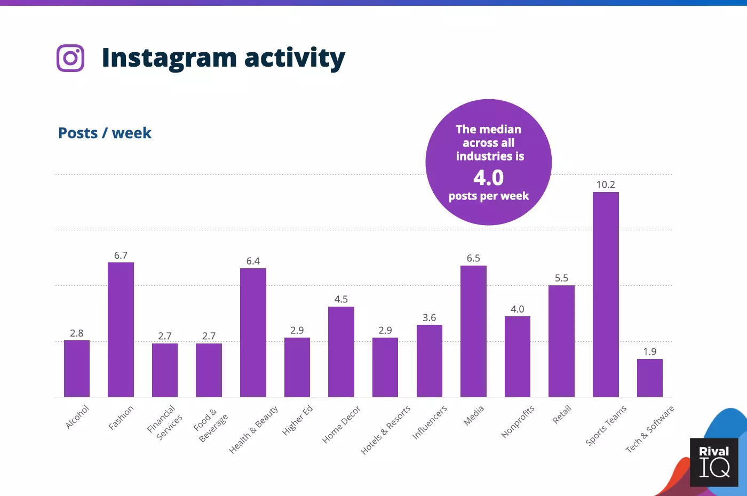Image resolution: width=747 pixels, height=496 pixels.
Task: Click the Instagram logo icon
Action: click(70, 58)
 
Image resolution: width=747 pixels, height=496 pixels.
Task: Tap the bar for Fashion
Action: click(121, 330)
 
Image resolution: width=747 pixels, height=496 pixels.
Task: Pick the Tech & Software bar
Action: click(649, 378)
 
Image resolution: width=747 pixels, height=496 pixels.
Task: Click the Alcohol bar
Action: click(77, 369)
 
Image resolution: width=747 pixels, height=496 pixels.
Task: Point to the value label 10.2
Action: click(606, 185)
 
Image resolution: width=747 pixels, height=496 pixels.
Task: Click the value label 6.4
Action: click(253, 261)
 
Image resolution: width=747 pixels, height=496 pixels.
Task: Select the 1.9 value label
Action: click(649, 351)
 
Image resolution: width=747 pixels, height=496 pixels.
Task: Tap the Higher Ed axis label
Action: click(297, 420)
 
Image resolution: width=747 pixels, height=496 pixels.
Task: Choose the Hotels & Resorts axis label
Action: click(385, 430)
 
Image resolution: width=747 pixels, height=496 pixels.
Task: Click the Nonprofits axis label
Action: click(518, 422)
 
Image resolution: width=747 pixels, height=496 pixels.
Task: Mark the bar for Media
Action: click(473, 331)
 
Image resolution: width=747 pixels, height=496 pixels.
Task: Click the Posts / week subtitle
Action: click(105, 133)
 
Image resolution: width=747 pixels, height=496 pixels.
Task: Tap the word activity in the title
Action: click(295, 58)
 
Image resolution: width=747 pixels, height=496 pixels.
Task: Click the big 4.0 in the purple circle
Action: click(488, 178)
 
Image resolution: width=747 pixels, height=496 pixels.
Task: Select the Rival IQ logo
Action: click(714, 462)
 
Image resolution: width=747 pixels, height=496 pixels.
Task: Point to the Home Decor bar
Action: click(341, 351)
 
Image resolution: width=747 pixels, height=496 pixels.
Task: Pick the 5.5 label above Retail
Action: click(561, 278)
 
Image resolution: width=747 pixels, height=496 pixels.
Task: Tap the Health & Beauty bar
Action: click(253, 332)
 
